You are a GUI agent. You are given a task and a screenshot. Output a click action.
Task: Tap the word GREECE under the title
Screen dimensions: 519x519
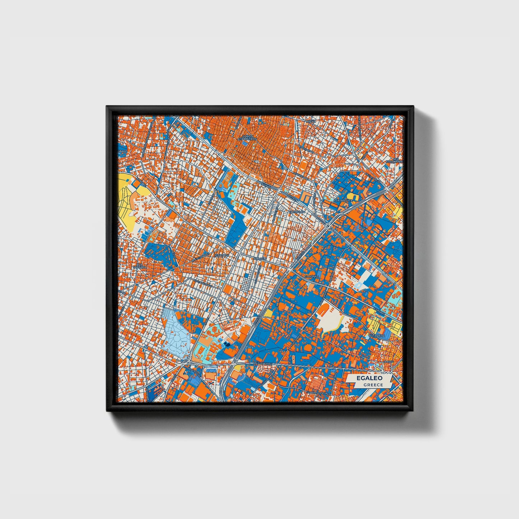click(373, 385)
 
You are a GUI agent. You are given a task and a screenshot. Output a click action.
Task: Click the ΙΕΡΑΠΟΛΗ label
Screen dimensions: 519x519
click(222, 255)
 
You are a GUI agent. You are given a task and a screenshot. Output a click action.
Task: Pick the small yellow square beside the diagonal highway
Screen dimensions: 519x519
click(268, 313)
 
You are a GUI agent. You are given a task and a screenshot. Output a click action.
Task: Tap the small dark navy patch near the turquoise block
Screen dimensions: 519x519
click(226, 344)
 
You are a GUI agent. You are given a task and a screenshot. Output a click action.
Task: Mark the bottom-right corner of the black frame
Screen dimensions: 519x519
click(413, 410)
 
